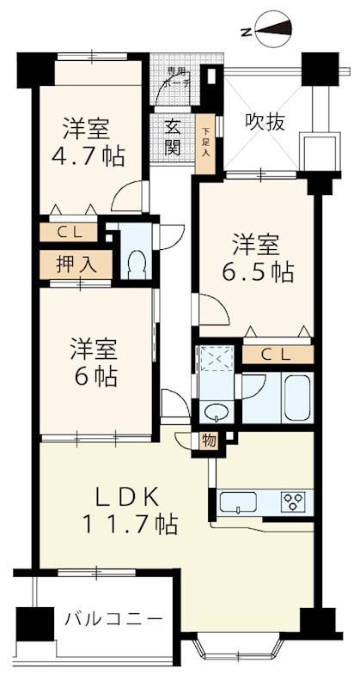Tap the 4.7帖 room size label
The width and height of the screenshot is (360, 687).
coord(93,157)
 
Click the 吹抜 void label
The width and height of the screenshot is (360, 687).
coord(263,120)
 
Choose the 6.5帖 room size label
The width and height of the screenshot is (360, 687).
coord(259,272)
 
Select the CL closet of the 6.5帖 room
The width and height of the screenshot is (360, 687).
coord(277,354)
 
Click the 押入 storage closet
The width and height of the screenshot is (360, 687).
coord(75,264)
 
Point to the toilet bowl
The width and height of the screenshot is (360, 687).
coord(135,263)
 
